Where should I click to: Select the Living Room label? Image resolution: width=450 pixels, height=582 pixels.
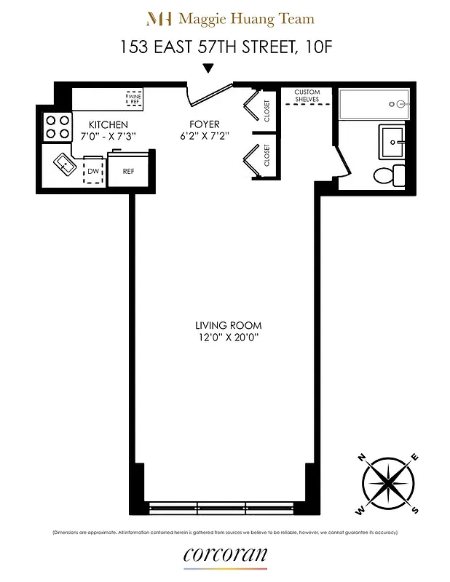tap(228, 325)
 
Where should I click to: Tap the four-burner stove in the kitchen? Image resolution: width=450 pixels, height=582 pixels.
tap(57, 127)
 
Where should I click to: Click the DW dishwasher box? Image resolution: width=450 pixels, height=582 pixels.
tap(93, 170)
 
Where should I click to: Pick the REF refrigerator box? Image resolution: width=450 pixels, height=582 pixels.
tap(128, 172)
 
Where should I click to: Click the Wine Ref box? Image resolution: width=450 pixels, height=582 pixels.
tap(135, 97)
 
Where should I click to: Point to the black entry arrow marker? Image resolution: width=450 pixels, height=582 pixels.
tap(208, 69)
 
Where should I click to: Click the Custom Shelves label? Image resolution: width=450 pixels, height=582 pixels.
tap(307, 96)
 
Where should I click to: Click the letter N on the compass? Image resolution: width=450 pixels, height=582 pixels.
tap(361, 458)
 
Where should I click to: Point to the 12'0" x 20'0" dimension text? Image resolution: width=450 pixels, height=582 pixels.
tap(228, 338)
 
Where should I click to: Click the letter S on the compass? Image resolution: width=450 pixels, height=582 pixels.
tap(414, 509)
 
